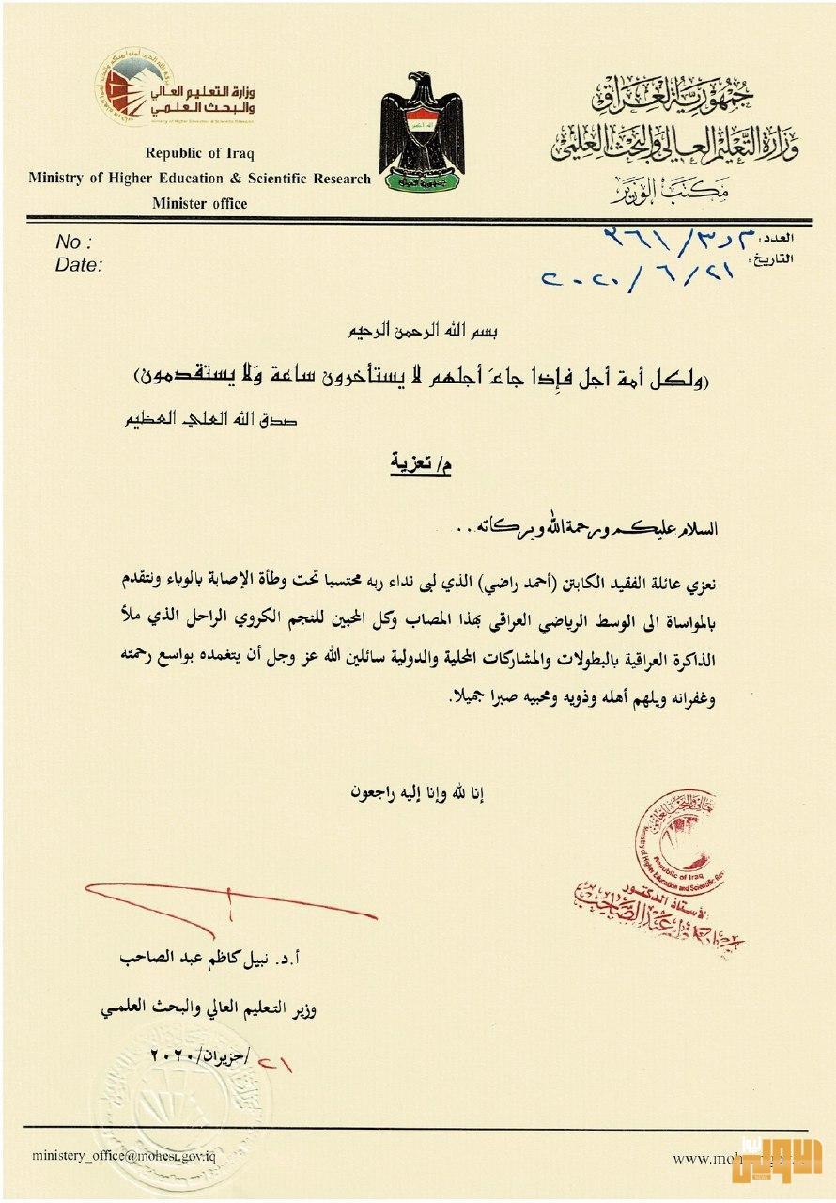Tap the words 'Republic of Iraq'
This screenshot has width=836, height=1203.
tap(199, 153)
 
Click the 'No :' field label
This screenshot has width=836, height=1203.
tap(74, 241)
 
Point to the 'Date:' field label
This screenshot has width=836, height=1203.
tap(78, 265)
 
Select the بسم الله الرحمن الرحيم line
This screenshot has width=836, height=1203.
tap(419, 332)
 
